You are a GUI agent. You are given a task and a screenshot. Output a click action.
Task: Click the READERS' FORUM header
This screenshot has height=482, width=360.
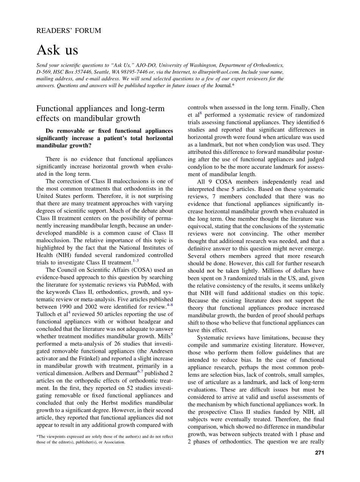coord(69,31)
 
